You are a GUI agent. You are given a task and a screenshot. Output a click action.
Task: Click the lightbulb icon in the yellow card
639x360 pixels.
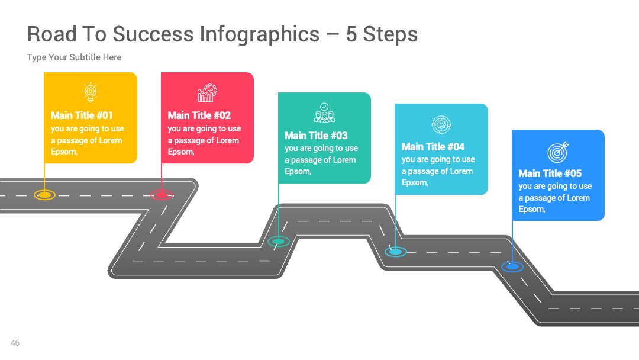pyautogui.click(x=91, y=92)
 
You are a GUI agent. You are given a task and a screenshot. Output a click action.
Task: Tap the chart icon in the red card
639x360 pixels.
pyautogui.click(x=208, y=92)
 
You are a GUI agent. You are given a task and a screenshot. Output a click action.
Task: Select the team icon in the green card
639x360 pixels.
pyautogui.click(x=324, y=112)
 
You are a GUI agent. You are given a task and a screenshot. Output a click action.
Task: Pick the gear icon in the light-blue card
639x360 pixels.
pyautogui.click(x=441, y=124)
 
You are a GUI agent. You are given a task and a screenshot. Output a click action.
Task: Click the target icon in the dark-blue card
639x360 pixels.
pyautogui.click(x=558, y=152)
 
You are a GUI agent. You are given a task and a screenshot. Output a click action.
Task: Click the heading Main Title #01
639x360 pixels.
pyautogui.click(x=82, y=115)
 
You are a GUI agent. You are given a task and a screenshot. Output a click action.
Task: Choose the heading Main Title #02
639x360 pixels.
pyautogui.click(x=199, y=115)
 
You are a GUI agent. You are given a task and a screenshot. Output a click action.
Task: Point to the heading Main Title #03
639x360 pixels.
pyautogui.click(x=316, y=136)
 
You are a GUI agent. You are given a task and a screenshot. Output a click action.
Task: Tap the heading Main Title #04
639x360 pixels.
pyautogui.click(x=433, y=147)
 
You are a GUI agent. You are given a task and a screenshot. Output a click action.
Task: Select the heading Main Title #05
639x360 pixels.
pyautogui.click(x=550, y=173)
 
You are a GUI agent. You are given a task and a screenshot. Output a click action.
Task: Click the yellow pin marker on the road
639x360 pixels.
pyautogui.click(x=44, y=195)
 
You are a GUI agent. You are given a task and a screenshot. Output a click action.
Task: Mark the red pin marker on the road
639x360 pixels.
pyautogui.click(x=162, y=195)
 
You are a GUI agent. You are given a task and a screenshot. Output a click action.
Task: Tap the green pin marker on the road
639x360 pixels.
pyautogui.click(x=279, y=242)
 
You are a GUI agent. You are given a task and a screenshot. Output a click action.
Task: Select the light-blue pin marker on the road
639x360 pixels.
pyautogui.click(x=396, y=252)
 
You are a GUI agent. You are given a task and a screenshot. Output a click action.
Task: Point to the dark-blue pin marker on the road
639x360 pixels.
pyautogui.click(x=512, y=266)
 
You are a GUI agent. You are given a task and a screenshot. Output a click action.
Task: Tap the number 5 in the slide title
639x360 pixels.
pyautogui.click(x=351, y=34)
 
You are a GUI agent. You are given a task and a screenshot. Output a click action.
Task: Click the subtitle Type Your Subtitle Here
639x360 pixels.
pyautogui.click(x=74, y=57)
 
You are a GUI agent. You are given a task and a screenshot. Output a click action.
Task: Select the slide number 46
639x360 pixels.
pyautogui.click(x=15, y=343)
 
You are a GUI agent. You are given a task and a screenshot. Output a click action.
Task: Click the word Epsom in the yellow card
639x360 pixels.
pyautogui.click(x=63, y=152)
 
